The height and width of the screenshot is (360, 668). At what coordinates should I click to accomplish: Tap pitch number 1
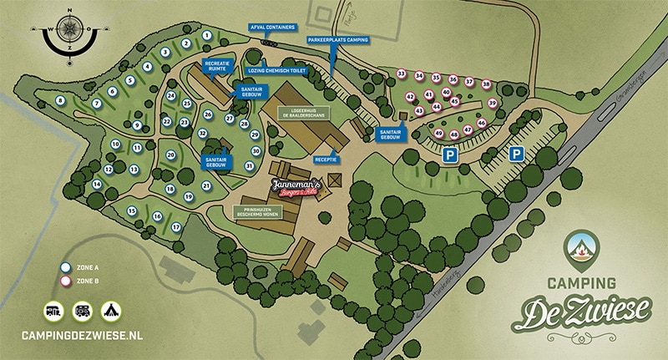pyautogui.click(x=205, y=36)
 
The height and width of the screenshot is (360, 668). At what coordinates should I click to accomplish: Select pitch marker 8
pyautogui.click(x=60, y=100)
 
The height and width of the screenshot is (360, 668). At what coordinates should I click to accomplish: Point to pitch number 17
pyautogui.click(x=176, y=226)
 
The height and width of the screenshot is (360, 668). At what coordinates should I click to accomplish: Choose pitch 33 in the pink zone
pyautogui.click(x=401, y=74)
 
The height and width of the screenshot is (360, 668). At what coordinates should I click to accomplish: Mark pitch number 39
pyautogui.click(x=492, y=104)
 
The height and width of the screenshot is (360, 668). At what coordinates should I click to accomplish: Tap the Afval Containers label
pyautogui.click(x=271, y=27)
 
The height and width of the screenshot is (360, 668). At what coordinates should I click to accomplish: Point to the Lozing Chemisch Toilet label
pyautogui.click(x=278, y=71)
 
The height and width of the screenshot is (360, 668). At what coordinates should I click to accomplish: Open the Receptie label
pyautogui.click(x=326, y=158)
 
